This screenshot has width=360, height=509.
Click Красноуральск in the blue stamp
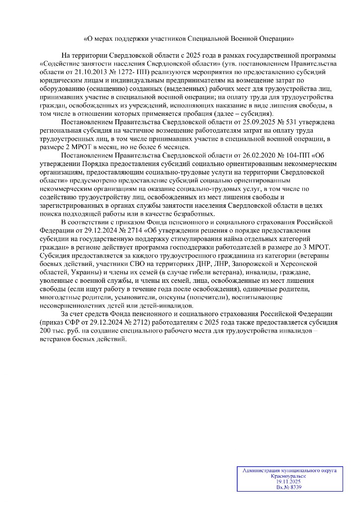pyautogui.click(x=288, y=476)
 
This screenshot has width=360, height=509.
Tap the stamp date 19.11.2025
pyautogui.click(x=288, y=481)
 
